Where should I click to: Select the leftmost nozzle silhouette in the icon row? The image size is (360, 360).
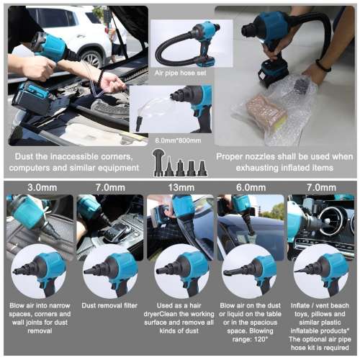[x=157, y=165]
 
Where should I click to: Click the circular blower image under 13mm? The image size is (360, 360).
[x=180, y=271]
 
